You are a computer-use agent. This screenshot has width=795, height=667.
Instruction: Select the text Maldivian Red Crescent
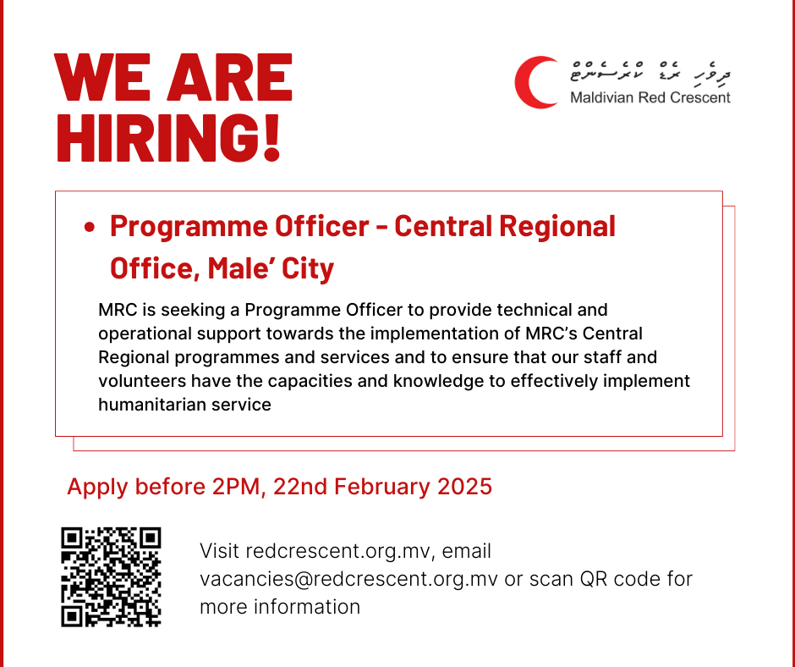point(650,96)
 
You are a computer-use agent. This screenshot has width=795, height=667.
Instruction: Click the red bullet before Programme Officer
point(89,228)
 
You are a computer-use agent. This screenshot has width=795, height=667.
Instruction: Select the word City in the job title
point(308,268)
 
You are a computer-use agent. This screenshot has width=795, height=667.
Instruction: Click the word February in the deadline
point(379,487)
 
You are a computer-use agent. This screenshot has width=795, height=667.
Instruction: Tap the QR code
point(111,576)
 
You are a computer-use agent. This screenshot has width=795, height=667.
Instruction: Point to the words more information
point(280,607)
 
